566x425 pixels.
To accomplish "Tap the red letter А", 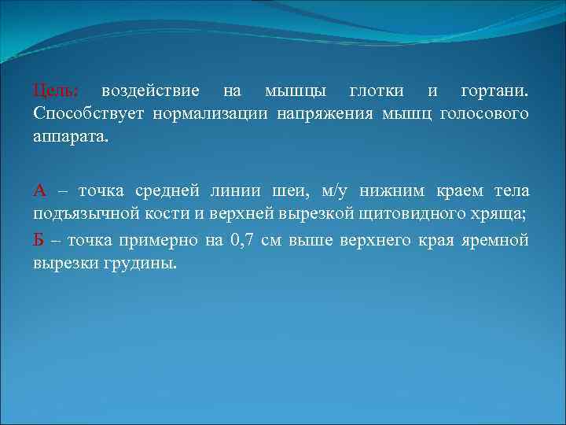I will click(40, 191).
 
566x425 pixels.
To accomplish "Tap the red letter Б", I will click(39, 240).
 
